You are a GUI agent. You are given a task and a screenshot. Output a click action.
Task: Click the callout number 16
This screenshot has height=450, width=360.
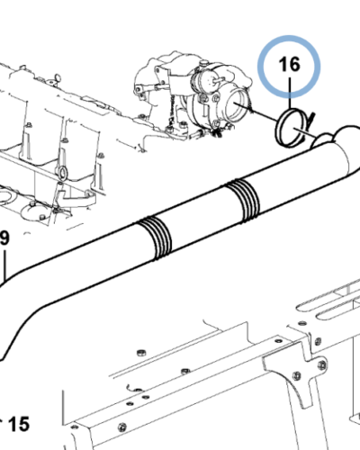point(289,64)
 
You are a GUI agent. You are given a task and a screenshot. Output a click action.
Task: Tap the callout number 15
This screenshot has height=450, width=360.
point(19,424)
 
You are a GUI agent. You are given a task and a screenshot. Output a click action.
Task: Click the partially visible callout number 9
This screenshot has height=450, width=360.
point(4,238)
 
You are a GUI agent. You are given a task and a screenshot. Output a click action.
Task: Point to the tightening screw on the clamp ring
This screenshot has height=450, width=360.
point(311,117)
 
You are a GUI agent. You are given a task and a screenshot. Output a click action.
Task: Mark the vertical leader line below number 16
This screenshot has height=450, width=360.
point(290,94)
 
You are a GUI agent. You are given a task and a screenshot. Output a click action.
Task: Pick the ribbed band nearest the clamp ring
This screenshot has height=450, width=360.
point(242,201)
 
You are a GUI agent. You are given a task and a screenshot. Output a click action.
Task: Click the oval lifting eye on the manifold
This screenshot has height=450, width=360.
point(62,173)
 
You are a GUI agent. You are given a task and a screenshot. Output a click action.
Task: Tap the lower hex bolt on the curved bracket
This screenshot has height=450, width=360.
point(297,375)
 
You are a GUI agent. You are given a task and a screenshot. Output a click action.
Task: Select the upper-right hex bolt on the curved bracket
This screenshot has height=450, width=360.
point(322,364)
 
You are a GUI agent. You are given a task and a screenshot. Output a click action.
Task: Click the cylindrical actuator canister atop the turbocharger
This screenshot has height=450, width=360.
point(205,78)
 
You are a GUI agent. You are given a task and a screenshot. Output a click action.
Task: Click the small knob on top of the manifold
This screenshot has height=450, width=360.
point(58,78)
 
